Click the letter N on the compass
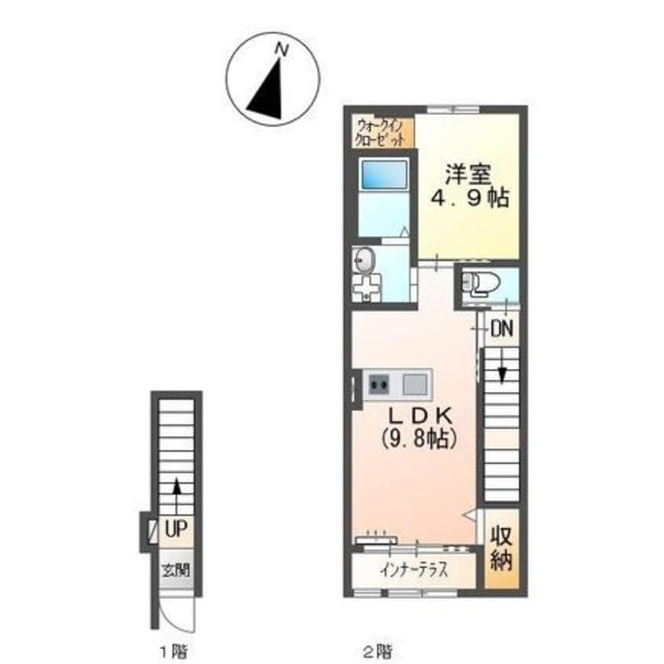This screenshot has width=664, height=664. coord(281,49)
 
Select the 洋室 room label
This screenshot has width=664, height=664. coord(468,174)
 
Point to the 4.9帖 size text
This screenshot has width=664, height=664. coord(470,197)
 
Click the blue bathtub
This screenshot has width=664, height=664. coord(383,174)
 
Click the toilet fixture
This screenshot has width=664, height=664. coord(480,283)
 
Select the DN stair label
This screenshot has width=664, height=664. coord(502,329)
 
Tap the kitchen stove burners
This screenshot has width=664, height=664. coord(378,385)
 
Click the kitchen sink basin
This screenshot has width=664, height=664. coord(414,385)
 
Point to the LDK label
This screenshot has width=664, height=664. coord(421,416)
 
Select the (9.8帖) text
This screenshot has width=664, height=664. coord(419,438)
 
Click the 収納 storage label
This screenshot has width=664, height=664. coord(502,549)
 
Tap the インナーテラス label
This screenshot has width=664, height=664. coord(414,570)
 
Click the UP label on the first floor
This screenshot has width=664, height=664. coord(176,529)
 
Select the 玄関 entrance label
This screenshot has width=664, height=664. coord(176,571)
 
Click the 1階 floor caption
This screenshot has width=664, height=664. coord(173,651)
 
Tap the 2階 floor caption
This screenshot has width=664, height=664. coord(378,651)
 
